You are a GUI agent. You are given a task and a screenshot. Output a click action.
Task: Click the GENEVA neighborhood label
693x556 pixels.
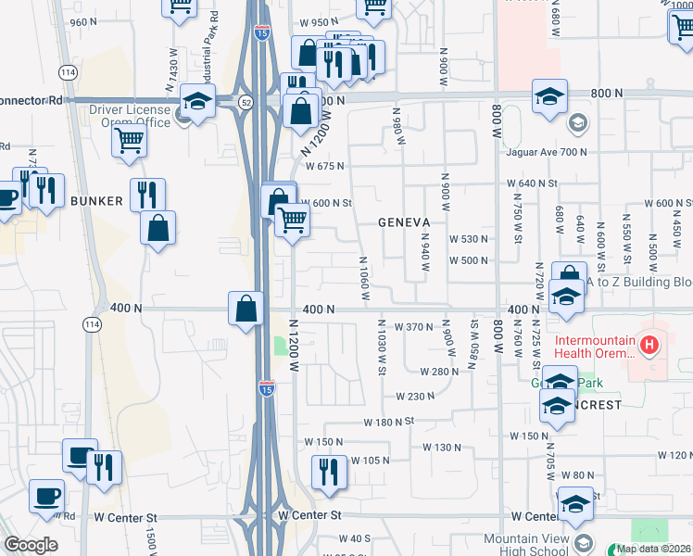pyautogui.click(x=404, y=223)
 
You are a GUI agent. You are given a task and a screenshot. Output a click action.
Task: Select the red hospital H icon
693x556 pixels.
pyautogui.click(x=649, y=347)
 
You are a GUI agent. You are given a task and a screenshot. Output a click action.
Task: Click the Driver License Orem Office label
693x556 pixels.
pyautogui.click(x=130, y=117)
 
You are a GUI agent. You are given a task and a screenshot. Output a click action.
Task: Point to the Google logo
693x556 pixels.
pyautogui.click(x=31, y=545)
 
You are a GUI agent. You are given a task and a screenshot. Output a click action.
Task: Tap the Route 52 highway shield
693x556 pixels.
pyautogui.click(x=246, y=101)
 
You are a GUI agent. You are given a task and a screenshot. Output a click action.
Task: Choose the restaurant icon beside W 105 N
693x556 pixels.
pyautogui.click(x=329, y=472)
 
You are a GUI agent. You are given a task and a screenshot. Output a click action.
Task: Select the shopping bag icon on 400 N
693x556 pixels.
pyautogui.click(x=247, y=309)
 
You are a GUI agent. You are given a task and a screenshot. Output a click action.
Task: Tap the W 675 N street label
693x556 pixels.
pyautogui.click(x=326, y=166)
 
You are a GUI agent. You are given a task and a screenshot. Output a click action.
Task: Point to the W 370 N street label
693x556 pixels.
pyautogui.click(x=414, y=327)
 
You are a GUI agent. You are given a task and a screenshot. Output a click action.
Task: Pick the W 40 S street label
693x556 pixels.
pyautogui.click(x=354, y=538)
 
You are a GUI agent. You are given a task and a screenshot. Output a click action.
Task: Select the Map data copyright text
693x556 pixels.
pyautogui.click(x=653, y=549)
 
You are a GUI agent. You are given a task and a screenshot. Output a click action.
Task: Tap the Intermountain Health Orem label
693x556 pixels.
pyautogui.click(x=596, y=347)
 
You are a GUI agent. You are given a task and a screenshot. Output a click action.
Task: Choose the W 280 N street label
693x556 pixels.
pyautogui.click(x=439, y=372)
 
